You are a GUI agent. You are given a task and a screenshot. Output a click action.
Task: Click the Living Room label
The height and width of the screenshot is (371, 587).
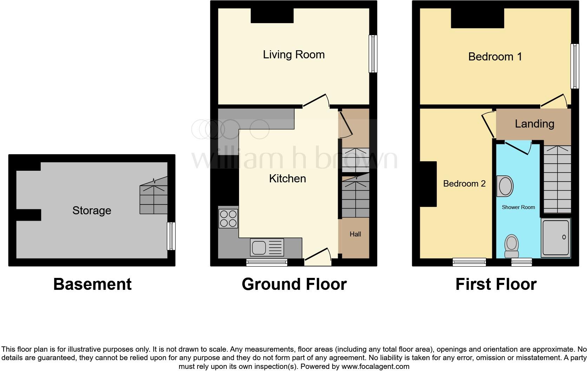[293, 55]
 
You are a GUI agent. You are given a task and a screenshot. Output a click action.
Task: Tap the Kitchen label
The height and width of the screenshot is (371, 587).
[287, 178]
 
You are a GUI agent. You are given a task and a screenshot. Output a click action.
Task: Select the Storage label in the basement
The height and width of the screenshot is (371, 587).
[92, 210]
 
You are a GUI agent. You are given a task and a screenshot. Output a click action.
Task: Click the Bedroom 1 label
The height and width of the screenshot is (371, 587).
[495, 57]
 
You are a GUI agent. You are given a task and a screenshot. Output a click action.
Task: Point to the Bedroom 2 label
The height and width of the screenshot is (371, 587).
[464, 183]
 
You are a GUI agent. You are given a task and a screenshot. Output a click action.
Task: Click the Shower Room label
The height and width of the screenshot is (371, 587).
[518, 207]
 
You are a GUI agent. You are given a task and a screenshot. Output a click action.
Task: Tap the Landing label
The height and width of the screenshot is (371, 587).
[534, 124]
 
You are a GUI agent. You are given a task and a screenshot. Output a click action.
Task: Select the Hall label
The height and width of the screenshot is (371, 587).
[355, 234]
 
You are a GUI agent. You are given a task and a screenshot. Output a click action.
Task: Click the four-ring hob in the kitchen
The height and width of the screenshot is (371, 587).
[228, 219]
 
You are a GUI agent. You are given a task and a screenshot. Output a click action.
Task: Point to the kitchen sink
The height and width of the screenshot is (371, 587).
[267, 247]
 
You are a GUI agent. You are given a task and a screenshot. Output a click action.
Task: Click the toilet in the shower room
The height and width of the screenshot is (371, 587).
[512, 246]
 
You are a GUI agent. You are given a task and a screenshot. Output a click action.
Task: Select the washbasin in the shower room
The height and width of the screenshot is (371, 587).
[505, 186]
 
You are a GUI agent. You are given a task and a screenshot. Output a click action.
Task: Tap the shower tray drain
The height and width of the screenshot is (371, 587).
[564, 237]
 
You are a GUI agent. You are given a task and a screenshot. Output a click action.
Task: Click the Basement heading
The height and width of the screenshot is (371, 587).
[92, 284]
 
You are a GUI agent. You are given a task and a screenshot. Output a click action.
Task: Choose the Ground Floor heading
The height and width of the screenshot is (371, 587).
[294, 284]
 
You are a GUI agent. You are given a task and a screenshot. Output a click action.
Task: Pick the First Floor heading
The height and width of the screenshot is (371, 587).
[496, 284]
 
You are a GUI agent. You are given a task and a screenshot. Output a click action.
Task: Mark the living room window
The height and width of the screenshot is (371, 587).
[373, 54]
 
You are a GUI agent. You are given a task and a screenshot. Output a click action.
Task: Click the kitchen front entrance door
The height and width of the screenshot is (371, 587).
[318, 255]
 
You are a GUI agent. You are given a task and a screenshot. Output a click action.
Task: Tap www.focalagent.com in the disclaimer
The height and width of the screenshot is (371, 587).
[375, 366]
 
